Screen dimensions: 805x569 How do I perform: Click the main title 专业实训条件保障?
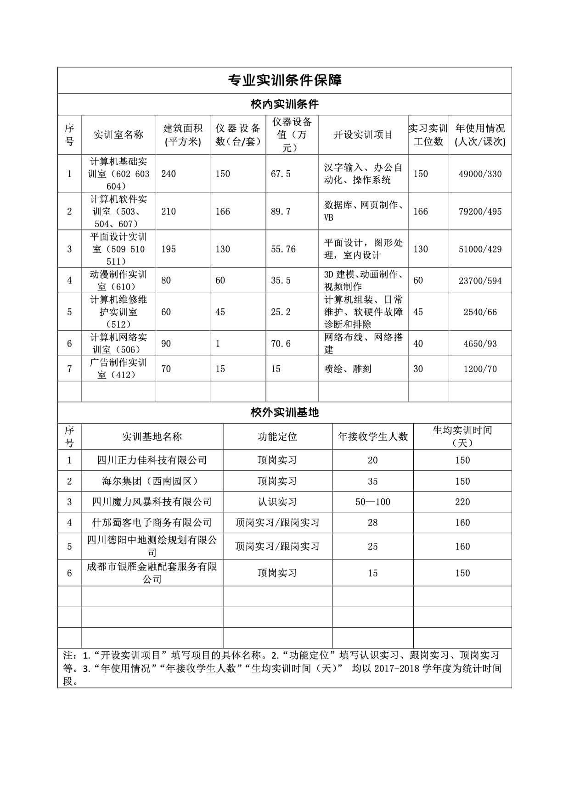pyautogui.click(x=285, y=80)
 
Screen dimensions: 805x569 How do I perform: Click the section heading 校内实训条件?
pyautogui.click(x=285, y=104)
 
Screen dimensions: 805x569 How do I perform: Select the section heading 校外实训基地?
pyautogui.click(x=285, y=413)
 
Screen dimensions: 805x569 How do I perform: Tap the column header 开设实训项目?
pyautogui.click(x=363, y=135)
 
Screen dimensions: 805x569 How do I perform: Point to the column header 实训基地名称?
pyautogui.click(x=152, y=436)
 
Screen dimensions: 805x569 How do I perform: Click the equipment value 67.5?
pyautogui.click(x=281, y=174)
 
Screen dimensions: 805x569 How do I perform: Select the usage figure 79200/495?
pyautogui.click(x=480, y=212)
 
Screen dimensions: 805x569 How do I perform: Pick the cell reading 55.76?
pyautogui.click(x=283, y=249)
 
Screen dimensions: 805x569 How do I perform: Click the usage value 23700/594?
pyautogui.click(x=480, y=280)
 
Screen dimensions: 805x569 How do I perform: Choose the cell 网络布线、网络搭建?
pyautogui.click(x=363, y=343)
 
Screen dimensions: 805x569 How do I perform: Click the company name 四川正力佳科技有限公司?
pyautogui.click(x=152, y=460)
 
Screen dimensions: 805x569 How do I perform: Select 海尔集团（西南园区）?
pyautogui.click(x=152, y=481)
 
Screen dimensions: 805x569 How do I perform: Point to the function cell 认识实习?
pyautogui.click(x=277, y=502)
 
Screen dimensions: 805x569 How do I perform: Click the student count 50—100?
pyautogui.click(x=372, y=502)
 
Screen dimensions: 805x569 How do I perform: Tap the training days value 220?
pyautogui.click(x=462, y=502)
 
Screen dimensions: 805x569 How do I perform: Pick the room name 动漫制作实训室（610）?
pyautogui.click(x=118, y=280)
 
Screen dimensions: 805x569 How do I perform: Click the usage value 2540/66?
pyautogui.click(x=480, y=312)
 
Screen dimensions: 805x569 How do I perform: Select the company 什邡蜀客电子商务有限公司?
pyautogui.click(x=152, y=522)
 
